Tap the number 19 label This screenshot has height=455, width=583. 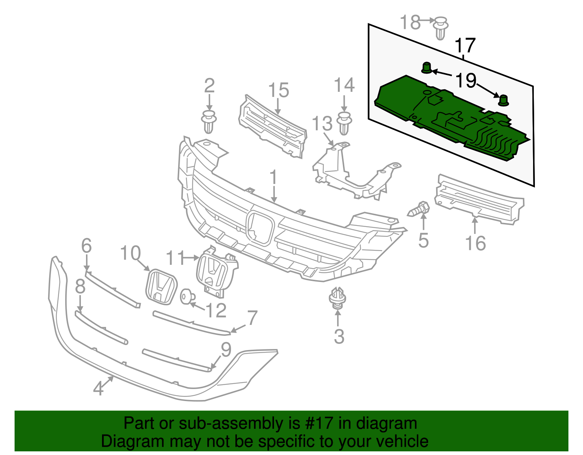point(466,80)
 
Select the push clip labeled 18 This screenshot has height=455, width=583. point(441,27)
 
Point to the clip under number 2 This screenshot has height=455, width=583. point(209,122)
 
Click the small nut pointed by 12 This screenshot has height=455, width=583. point(187,296)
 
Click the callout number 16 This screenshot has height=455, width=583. point(476,243)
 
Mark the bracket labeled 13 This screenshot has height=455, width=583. point(350,171)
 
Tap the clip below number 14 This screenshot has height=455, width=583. point(344,123)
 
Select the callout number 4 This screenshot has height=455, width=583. point(98,389)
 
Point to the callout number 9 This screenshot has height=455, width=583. point(226,349)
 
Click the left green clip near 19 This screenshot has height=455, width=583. point(427,68)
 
